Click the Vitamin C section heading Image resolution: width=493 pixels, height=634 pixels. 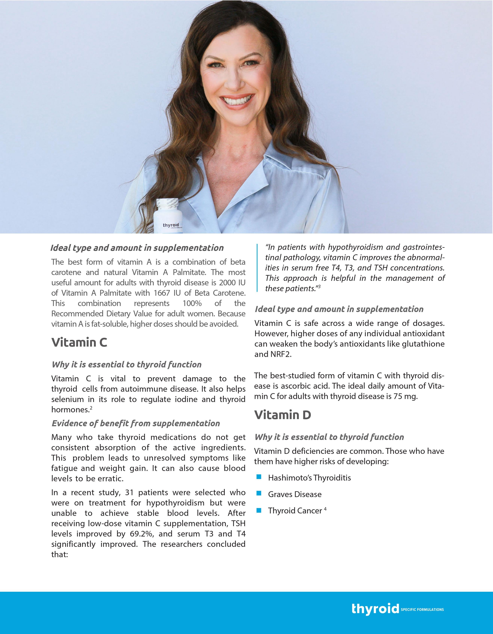point(79,342)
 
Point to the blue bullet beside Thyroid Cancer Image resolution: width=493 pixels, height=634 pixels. point(259,510)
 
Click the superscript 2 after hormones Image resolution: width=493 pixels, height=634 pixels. point(91,408)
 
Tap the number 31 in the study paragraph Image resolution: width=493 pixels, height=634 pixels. point(129,493)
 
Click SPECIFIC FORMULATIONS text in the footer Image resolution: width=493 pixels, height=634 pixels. point(422,610)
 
